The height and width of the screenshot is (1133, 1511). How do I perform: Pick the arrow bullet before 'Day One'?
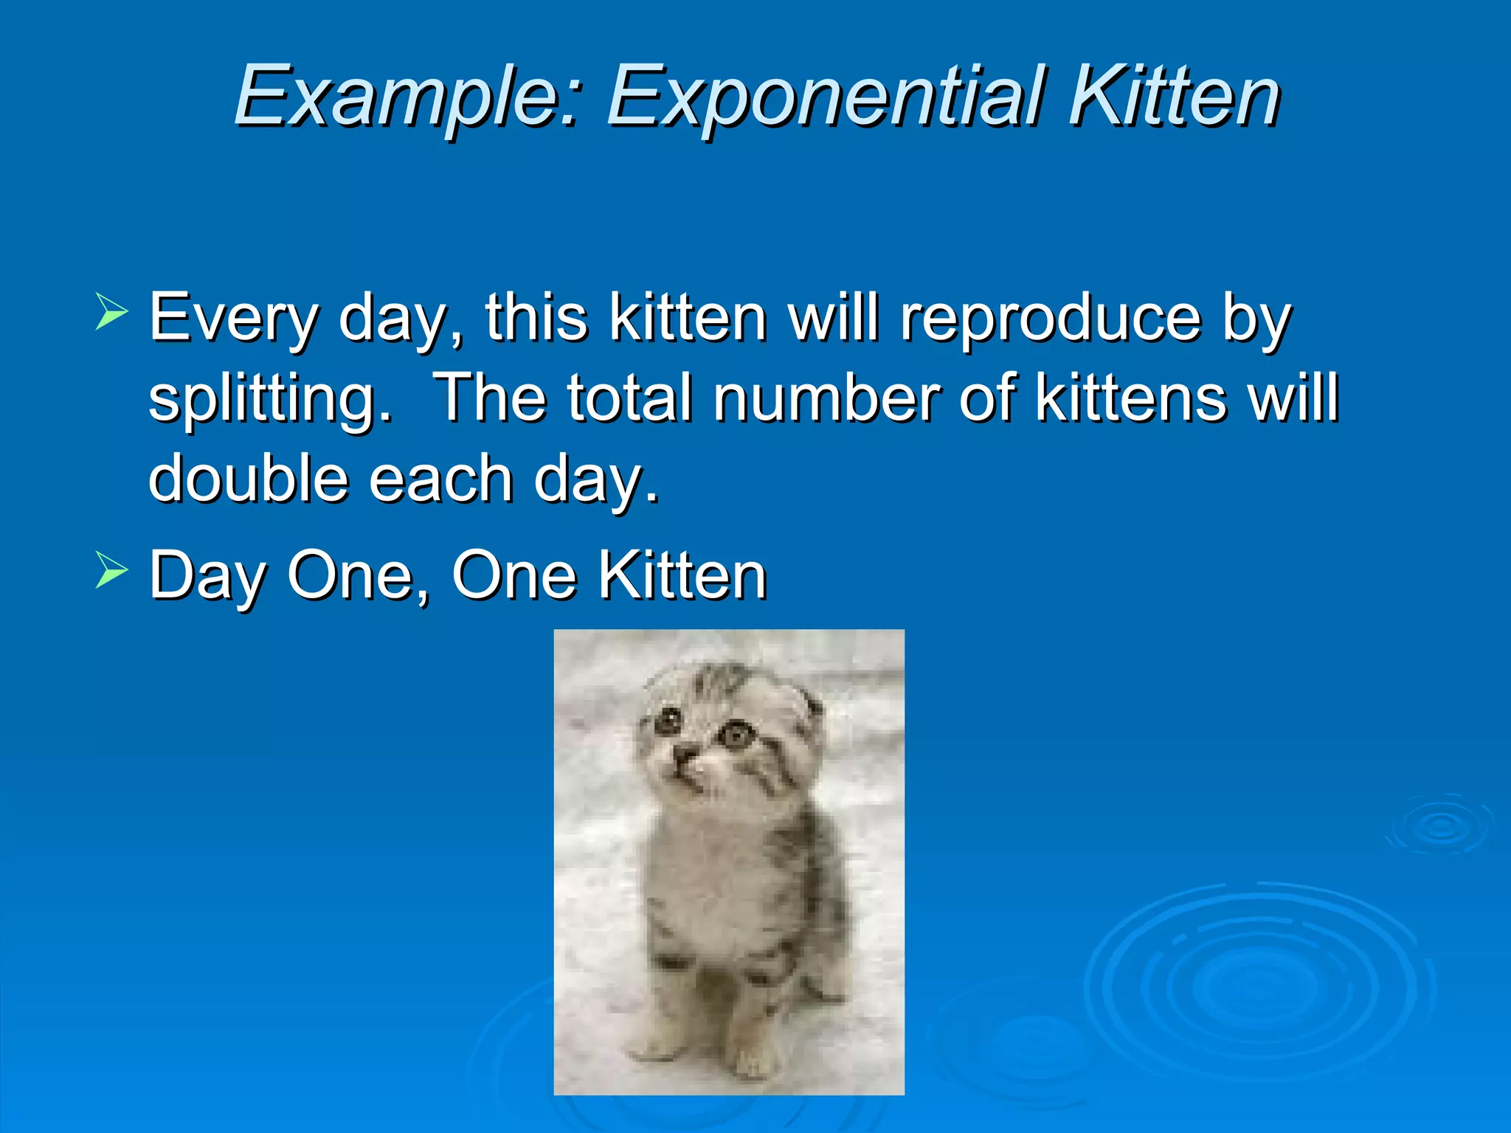click(111, 569)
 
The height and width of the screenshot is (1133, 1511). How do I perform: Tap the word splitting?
click(270, 400)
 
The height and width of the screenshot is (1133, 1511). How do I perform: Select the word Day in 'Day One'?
click(207, 577)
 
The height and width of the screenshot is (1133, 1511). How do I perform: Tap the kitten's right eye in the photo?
click(736, 734)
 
